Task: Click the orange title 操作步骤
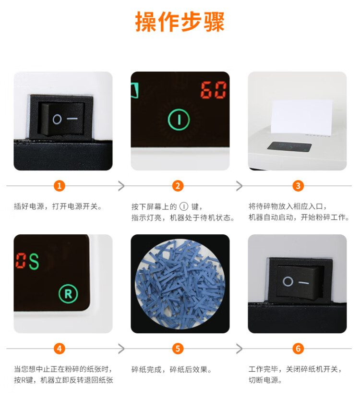[180, 22]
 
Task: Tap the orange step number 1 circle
[59, 186]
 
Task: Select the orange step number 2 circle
[178, 186]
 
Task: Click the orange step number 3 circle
[298, 186]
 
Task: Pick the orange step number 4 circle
[59, 349]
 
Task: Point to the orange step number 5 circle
[178, 349]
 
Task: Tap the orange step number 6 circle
[298, 349]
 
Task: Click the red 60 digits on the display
[213, 90]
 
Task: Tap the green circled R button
[68, 294]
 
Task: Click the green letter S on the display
[34, 261]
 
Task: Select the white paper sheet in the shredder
[301, 116]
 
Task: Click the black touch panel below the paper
[289, 146]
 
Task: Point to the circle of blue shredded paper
[180, 284]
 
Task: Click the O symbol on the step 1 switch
[57, 119]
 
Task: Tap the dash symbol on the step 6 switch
[303, 283]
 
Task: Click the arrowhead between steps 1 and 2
[121, 186]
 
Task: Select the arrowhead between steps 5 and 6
[240, 349]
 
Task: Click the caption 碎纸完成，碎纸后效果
[171, 369]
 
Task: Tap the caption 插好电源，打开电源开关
[58, 206]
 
